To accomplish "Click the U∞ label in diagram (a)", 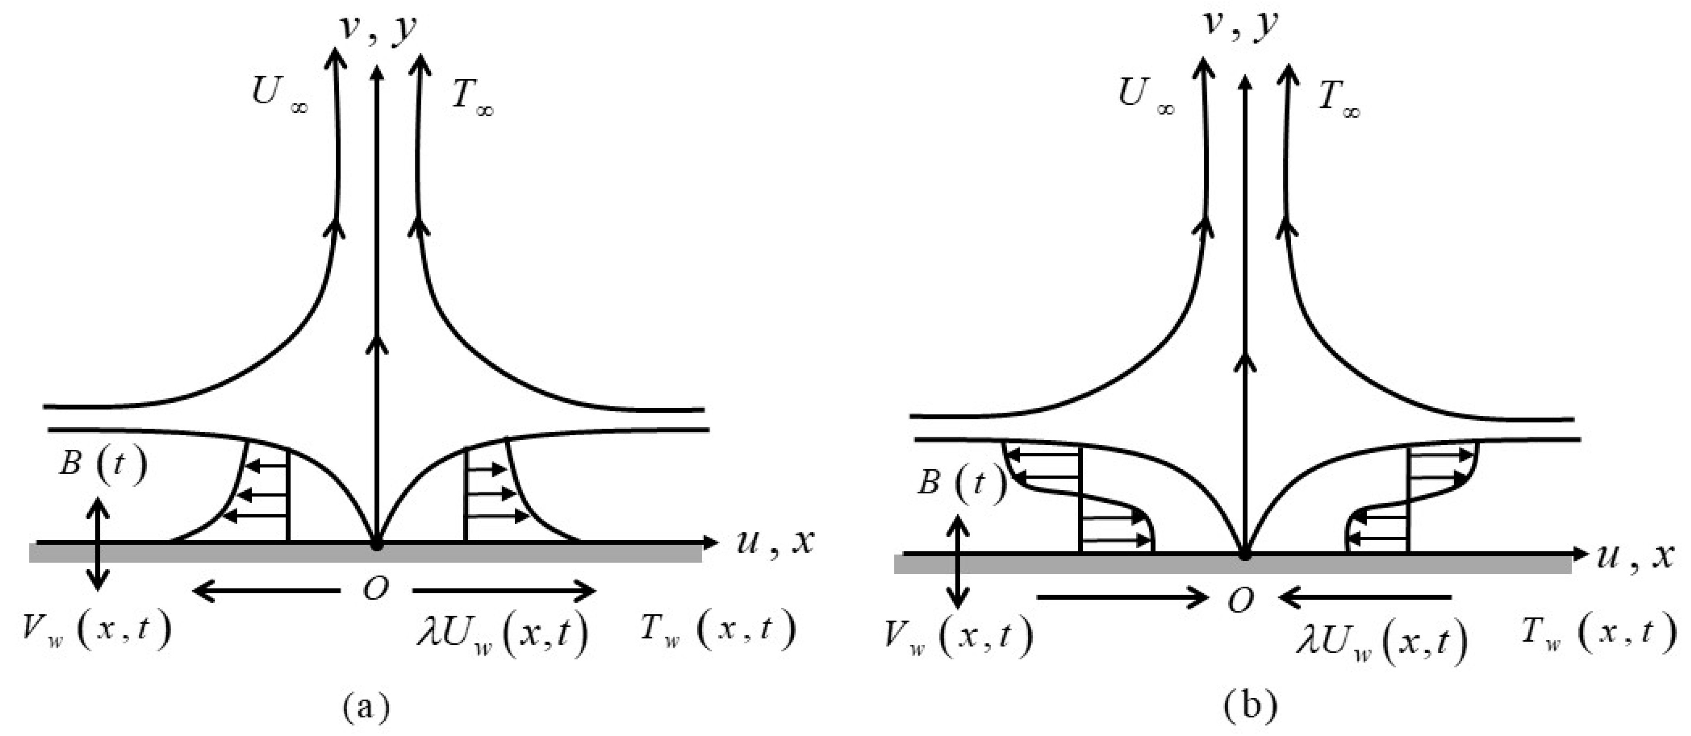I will [278, 94].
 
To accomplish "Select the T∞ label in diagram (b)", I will [1338, 100].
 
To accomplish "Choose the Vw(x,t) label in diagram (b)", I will [958, 636].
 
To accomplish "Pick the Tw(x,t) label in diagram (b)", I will [1597, 633].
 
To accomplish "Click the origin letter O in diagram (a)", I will [376, 590].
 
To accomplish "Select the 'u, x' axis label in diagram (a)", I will [775, 542].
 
